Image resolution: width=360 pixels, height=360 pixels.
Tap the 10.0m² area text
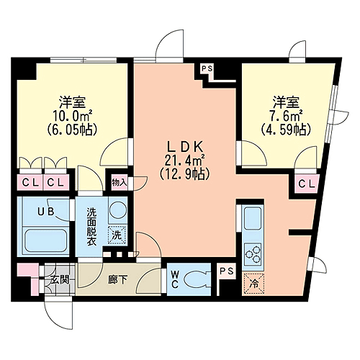(73, 117)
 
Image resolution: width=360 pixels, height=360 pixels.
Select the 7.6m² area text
(286, 117)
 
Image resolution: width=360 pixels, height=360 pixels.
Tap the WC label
(174, 279)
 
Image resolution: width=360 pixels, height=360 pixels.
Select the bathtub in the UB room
(45, 240)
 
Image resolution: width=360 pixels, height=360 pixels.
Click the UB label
(45, 211)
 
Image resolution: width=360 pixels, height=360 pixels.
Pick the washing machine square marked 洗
(117, 235)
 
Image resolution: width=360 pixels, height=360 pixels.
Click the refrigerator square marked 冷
(253, 284)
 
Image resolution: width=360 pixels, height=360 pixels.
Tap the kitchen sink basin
(253, 218)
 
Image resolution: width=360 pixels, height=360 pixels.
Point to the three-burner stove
(253, 254)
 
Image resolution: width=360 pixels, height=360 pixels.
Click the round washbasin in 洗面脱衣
(117, 210)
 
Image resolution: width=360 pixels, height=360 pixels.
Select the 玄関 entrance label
(60, 279)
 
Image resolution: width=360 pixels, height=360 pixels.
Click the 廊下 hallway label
(117, 279)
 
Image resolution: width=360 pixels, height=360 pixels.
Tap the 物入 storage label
(119, 183)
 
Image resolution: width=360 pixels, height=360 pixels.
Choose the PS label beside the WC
(227, 271)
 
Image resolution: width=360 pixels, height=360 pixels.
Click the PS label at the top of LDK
(207, 69)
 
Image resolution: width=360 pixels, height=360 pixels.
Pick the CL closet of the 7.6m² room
(307, 184)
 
